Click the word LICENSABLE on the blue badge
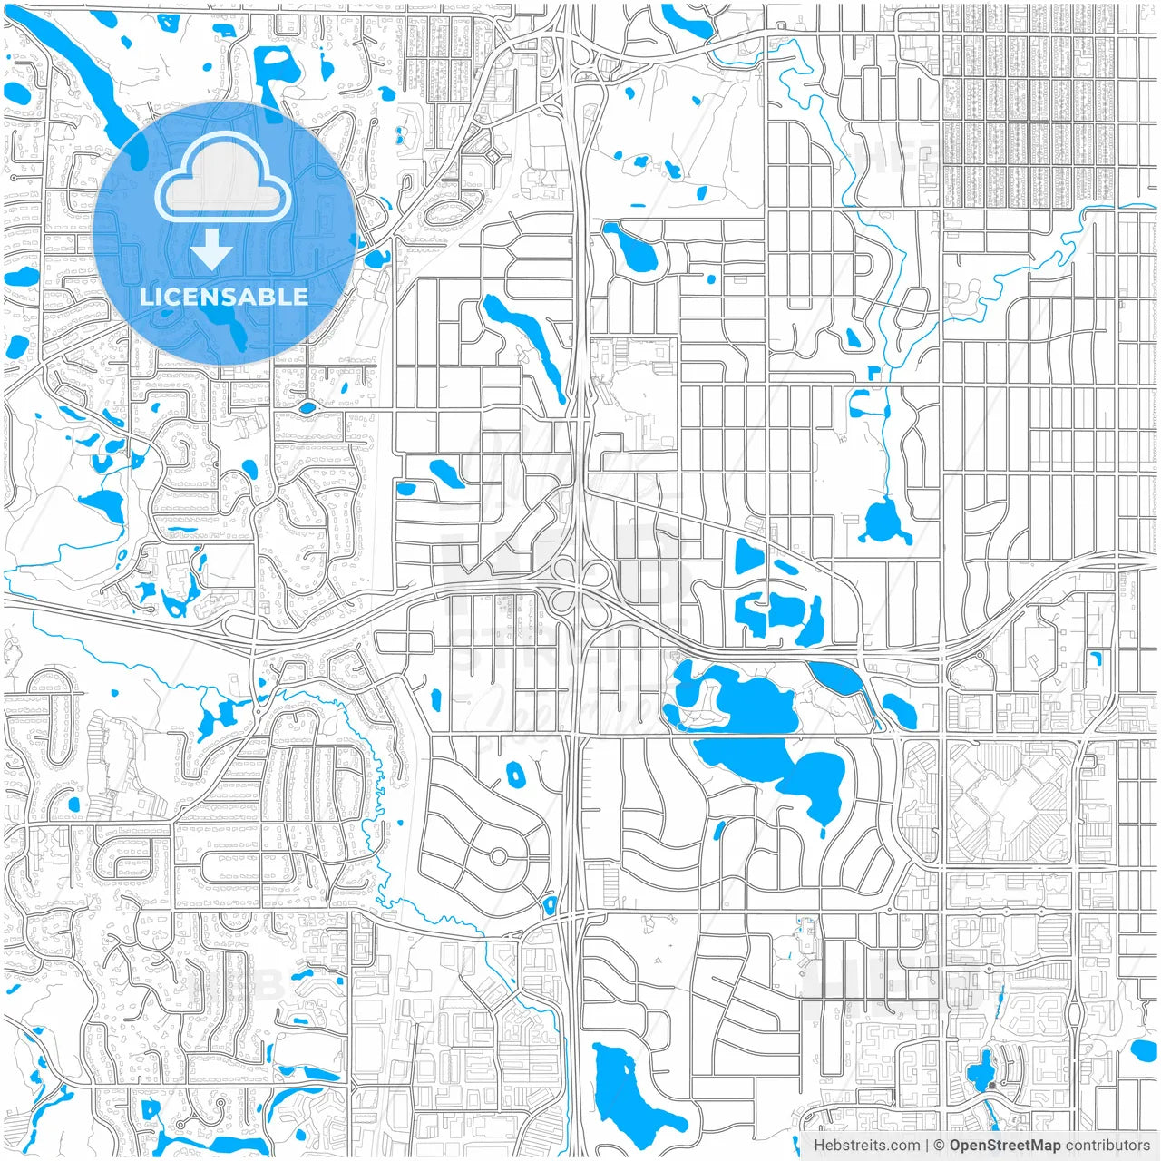(x=223, y=297)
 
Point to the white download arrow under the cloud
(x=211, y=248)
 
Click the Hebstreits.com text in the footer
(x=866, y=1146)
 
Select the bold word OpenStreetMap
(x=1005, y=1146)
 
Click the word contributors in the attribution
(x=1107, y=1146)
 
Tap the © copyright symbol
(x=940, y=1146)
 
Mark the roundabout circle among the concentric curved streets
(x=498, y=856)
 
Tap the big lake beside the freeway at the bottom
(x=626, y=1088)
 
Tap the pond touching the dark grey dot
(x=981, y=1076)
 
